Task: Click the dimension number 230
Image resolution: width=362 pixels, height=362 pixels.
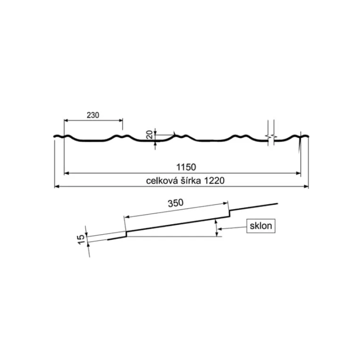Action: [x=93, y=115]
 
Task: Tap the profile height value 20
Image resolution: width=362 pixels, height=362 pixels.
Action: [x=150, y=134]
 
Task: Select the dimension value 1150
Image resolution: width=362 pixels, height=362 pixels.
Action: [x=186, y=167]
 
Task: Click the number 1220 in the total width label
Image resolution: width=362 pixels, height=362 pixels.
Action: [x=214, y=181]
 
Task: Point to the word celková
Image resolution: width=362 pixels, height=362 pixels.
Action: [x=162, y=181]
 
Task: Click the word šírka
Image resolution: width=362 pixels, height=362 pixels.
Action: [x=191, y=181]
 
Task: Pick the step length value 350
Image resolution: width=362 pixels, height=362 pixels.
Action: [x=176, y=203]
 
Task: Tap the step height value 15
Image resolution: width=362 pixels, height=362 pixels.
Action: [x=81, y=239]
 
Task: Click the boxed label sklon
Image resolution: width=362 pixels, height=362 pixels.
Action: [x=261, y=226]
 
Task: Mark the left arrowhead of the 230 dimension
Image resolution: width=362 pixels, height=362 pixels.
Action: [x=66, y=120]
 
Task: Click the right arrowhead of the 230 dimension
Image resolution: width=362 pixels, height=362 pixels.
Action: [x=121, y=120]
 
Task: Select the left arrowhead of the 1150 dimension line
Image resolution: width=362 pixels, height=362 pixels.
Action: [x=66, y=173]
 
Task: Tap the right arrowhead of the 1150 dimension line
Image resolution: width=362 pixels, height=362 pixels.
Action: [x=298, y=173]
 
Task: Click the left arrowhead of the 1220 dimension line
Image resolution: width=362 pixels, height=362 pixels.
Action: [x=57, y=186]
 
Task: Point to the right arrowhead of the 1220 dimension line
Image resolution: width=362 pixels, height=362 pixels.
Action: [x=306, y=186]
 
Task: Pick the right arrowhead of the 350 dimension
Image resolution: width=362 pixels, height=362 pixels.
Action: [x=226, y=204]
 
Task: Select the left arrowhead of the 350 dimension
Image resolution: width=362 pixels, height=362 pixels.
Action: [x=126, y=217]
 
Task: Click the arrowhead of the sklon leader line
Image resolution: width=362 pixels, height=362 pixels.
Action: [x=220, y=229]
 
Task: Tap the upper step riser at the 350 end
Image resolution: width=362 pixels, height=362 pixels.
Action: [x=230, y=214]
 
